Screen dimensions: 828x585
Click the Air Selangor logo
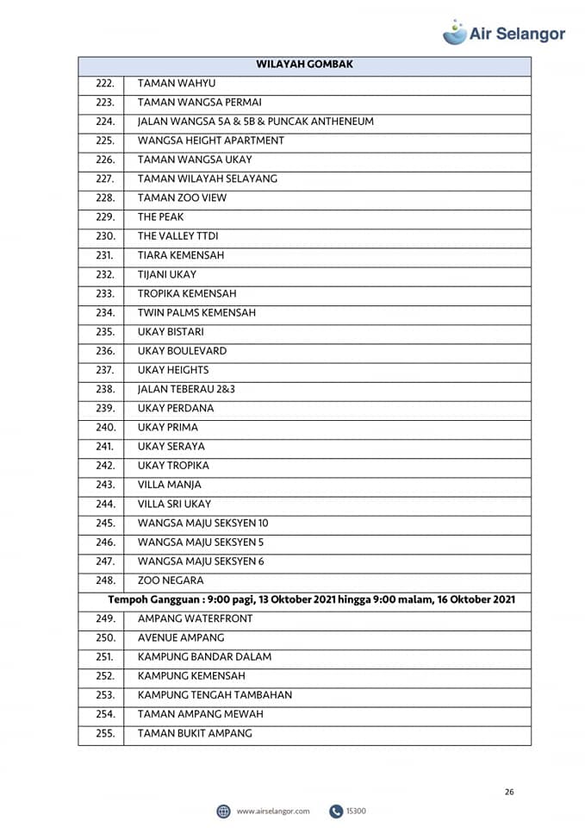coord(504,33)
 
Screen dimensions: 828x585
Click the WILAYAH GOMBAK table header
coord(304,65)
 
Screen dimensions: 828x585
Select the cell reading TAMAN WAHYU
coord(176,84)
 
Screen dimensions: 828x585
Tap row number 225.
coord(105,141)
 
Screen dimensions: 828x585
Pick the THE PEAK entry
coord(160,217)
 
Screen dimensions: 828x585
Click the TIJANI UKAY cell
coord(167,274)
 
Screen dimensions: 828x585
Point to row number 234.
coord(105,313)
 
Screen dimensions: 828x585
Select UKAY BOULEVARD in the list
coord(182,351)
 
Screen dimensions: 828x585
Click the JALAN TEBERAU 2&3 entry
coord(186,389)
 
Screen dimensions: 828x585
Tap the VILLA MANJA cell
coord(169,485)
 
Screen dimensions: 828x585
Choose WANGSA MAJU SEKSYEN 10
coord(202,523)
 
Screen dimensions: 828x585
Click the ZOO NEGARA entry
coord(171,580)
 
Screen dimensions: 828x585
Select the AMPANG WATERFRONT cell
coord(195,618)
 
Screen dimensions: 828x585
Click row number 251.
coord(105,656)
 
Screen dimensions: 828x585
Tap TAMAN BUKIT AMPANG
coord(195,733)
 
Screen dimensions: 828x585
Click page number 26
coord(509,792)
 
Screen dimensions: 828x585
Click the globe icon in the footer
coord(223,811)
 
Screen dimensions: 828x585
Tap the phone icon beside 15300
coord(335,811)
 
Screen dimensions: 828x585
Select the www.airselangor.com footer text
coord(272,811)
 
